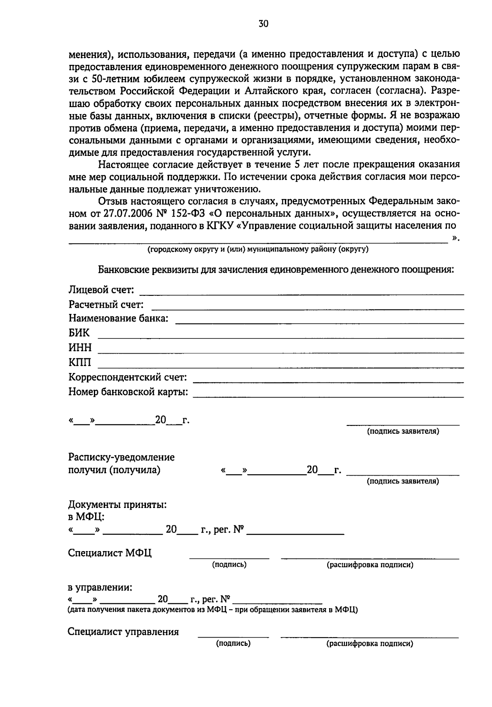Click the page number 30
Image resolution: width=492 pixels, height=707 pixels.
point(263,24)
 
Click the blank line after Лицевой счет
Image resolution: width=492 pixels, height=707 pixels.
point(302,294)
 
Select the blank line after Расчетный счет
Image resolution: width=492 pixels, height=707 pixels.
point(307,309)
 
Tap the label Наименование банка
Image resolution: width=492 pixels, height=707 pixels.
point(118,318)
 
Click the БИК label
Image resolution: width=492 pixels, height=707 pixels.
point(79,333)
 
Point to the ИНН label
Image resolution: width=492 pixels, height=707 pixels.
point(80,348)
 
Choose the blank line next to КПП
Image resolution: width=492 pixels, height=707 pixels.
point(280,367)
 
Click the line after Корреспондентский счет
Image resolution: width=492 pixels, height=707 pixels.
point(328,382)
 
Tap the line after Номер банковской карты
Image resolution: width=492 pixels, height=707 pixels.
point(328,397)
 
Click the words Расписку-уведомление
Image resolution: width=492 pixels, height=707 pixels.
point(121,457)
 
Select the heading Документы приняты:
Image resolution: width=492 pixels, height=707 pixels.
point(117,505)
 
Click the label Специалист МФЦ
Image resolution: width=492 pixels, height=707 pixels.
point(110,553)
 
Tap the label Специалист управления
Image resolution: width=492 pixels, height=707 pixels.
point(123,631)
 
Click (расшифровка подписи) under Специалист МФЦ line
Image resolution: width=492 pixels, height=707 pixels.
point(370,565)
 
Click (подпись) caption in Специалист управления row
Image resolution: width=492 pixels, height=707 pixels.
point(233,643)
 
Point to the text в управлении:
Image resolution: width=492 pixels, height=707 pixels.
point(100,587)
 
